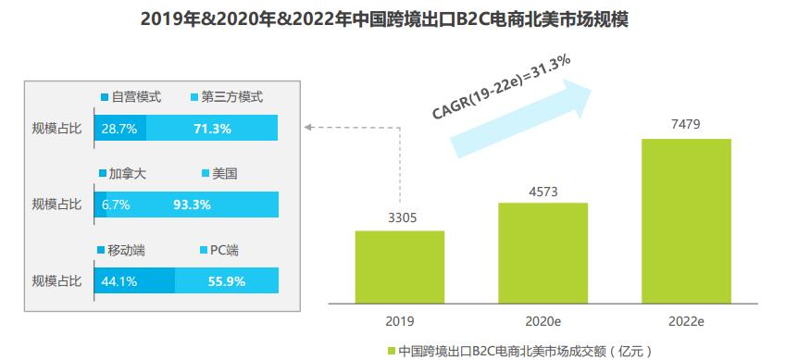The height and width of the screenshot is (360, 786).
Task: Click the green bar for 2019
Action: point(399,267)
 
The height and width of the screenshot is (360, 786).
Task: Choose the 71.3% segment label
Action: point(212,129)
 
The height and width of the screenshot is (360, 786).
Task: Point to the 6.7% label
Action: point(117,204)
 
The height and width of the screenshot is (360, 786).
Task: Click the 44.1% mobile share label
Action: point(120,279)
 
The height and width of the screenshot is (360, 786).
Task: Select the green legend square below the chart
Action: point(392,351)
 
